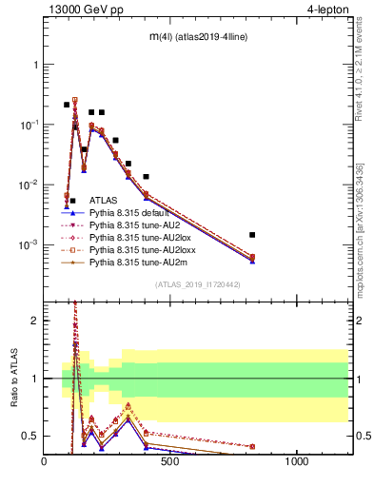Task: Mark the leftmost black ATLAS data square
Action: pos(67,105)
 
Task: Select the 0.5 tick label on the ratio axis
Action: pos(30,436)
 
